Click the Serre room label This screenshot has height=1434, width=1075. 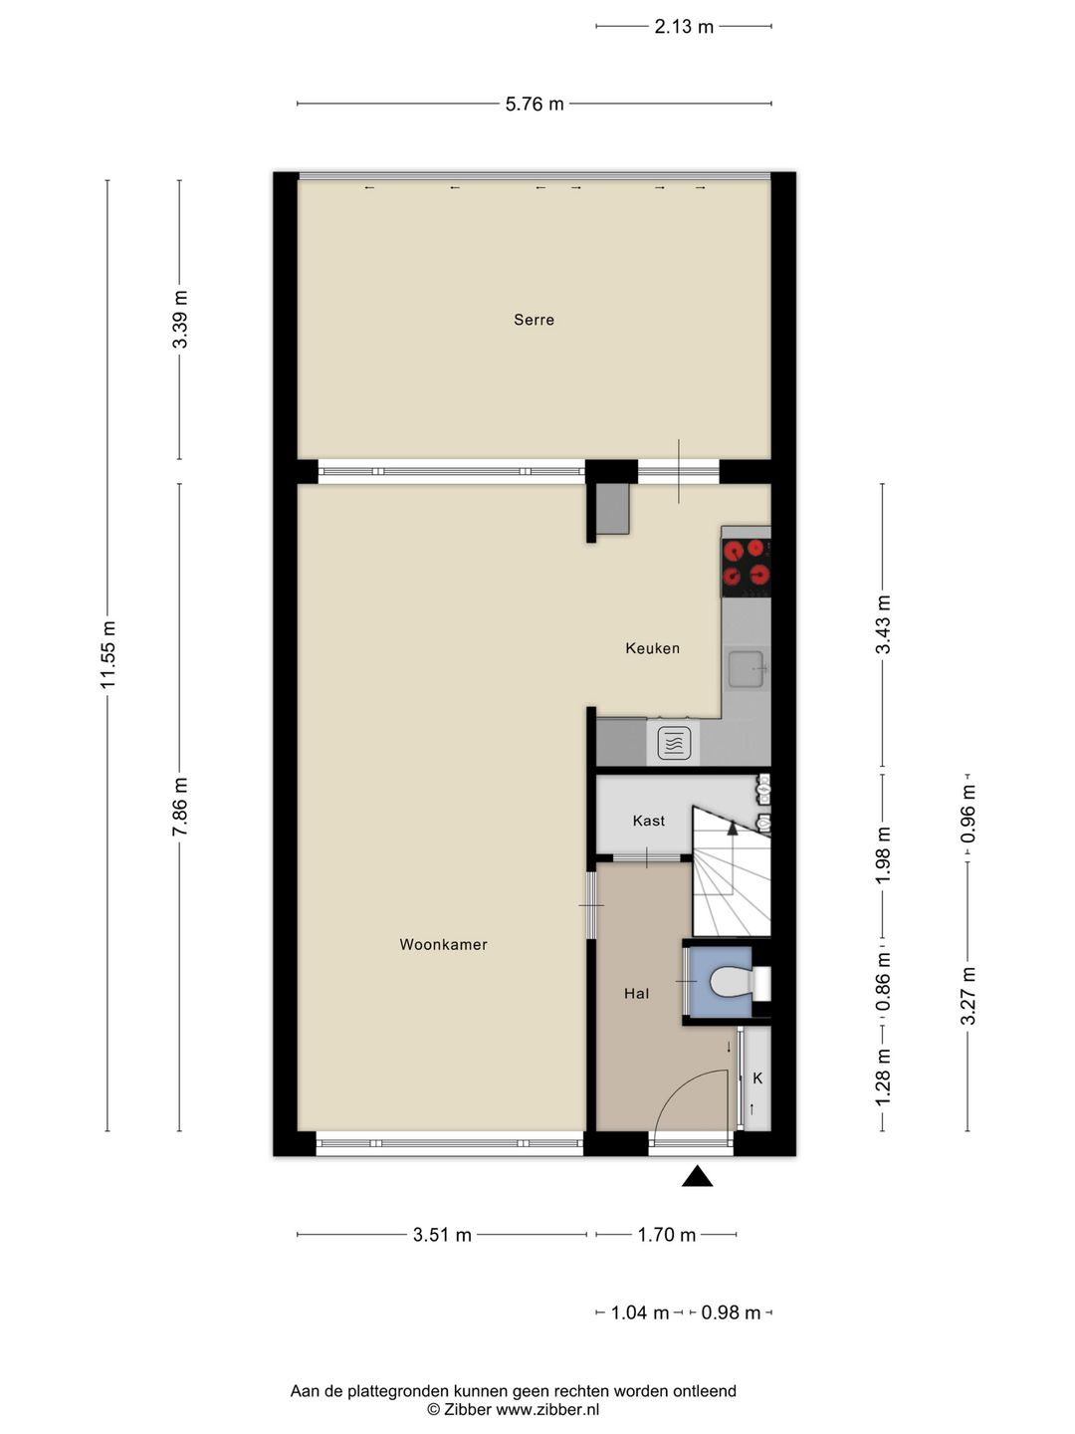click(534, 320)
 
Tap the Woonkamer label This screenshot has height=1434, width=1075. click(443, 944)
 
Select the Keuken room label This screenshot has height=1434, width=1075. click(652, 648)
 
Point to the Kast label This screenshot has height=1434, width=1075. click(648, 821)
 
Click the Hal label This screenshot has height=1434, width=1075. click(636, 993)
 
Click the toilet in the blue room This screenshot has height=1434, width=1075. click(733, 983)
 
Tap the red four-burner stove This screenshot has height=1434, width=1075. click(746, 562)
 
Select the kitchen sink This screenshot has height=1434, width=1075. click(746, 668)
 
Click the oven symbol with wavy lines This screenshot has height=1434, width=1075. click(674, 743)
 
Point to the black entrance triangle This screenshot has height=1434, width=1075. click(697, 1177)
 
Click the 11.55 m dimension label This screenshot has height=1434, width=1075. click(108, 654)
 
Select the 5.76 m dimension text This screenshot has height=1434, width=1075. click(535, 104)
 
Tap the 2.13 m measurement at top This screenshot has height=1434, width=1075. click(684, 27)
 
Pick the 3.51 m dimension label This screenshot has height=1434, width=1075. click(442, 1235)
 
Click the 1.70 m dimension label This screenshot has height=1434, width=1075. click(666, 1235)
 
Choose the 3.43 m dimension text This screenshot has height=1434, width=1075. click(883, 624)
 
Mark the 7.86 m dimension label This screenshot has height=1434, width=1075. click(180, 807)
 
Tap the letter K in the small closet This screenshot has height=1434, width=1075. click(757, 1077)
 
